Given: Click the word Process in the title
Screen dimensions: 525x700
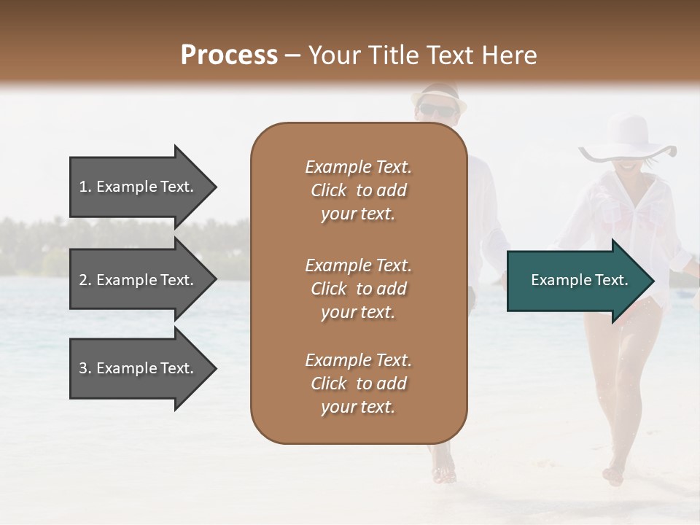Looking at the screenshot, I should point(229,55).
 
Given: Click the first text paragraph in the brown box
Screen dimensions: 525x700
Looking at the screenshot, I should point(358,190).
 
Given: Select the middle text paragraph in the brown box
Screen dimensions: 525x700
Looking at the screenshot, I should point(358,288).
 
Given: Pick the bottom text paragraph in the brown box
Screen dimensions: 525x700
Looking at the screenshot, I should point(358,384).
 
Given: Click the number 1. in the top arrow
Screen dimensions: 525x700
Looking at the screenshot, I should point(85,187).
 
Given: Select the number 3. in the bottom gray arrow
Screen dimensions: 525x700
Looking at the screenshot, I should point(85,368).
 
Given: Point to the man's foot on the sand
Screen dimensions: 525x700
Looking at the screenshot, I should point(443,474).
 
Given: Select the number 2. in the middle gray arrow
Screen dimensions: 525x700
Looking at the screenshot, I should point(85,280).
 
